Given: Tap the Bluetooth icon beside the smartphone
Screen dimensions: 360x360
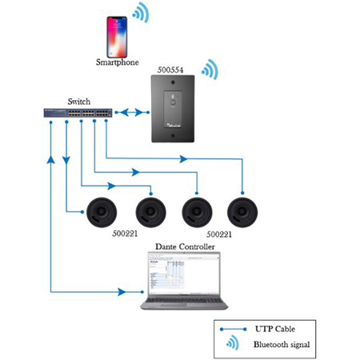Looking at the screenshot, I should click(142, 13).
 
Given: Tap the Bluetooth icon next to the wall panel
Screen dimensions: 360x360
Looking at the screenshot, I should click(210, 70).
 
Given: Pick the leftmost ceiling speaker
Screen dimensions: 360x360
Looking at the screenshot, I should click(103, 212).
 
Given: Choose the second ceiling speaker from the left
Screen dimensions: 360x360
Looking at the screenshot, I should click(150, 212).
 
